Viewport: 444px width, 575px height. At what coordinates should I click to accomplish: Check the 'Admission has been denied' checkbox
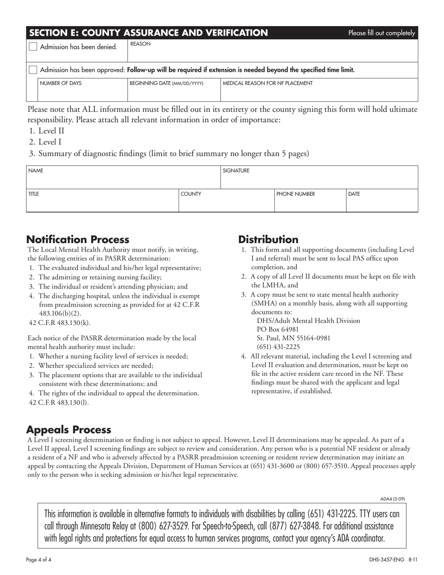point(33,46)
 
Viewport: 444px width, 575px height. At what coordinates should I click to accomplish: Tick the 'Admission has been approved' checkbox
point(33,70)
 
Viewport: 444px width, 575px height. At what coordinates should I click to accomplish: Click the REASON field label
point(140,44)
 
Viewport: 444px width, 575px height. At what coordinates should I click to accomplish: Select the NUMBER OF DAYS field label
point(61,84)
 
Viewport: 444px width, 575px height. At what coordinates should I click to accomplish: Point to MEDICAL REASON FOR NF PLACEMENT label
point(268,84)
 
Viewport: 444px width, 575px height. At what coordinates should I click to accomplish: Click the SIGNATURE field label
point(236,171)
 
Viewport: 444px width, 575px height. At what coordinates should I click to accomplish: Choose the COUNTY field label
point(191,194)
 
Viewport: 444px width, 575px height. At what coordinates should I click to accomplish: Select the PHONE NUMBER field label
point(296,194)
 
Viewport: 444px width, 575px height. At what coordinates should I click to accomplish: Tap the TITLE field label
point(34,194)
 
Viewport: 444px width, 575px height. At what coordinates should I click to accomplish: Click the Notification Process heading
point(78,240)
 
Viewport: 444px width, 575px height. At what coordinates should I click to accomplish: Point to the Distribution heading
point(268,240)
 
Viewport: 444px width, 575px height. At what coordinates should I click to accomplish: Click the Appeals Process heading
point(69,430)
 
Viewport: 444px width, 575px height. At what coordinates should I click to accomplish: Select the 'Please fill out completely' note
point(381,33)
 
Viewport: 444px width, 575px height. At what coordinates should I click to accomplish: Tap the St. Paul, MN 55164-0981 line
point(294,338)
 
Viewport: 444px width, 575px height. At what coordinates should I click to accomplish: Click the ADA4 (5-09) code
point(393,499)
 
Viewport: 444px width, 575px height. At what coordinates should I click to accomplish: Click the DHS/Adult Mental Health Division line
point(308,321)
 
